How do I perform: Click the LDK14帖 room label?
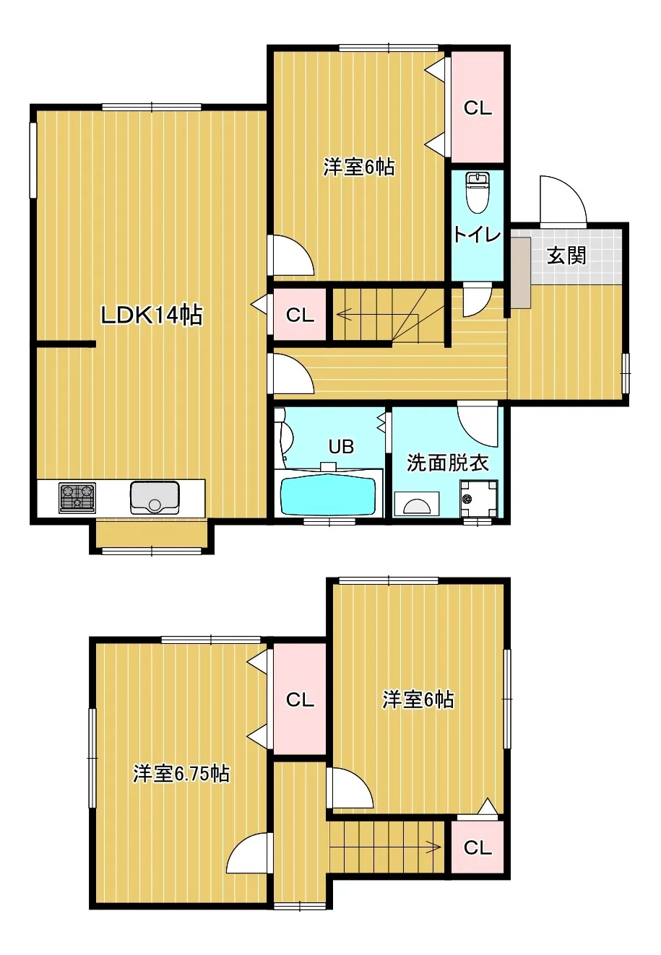click(x=152, y=315)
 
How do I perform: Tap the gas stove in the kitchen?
click(x=77, y=497)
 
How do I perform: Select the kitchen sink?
click(x=155, y=497)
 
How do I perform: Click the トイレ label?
click(x=477, y=235)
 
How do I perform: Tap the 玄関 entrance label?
click(x=566, y=255)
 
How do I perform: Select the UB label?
click(x=342, y=447)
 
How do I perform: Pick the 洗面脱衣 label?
click(x=447, y=463)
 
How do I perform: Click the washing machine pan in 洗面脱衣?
click(x=478, y=498)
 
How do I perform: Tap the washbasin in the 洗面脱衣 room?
click(x=417, y=505)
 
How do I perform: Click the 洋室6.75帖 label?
click(x=181, y=773)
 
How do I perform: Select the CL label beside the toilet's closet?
click(x=478, y=108)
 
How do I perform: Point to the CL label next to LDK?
click(x=300, y=315)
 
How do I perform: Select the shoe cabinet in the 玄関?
click(x=521, y=272)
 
